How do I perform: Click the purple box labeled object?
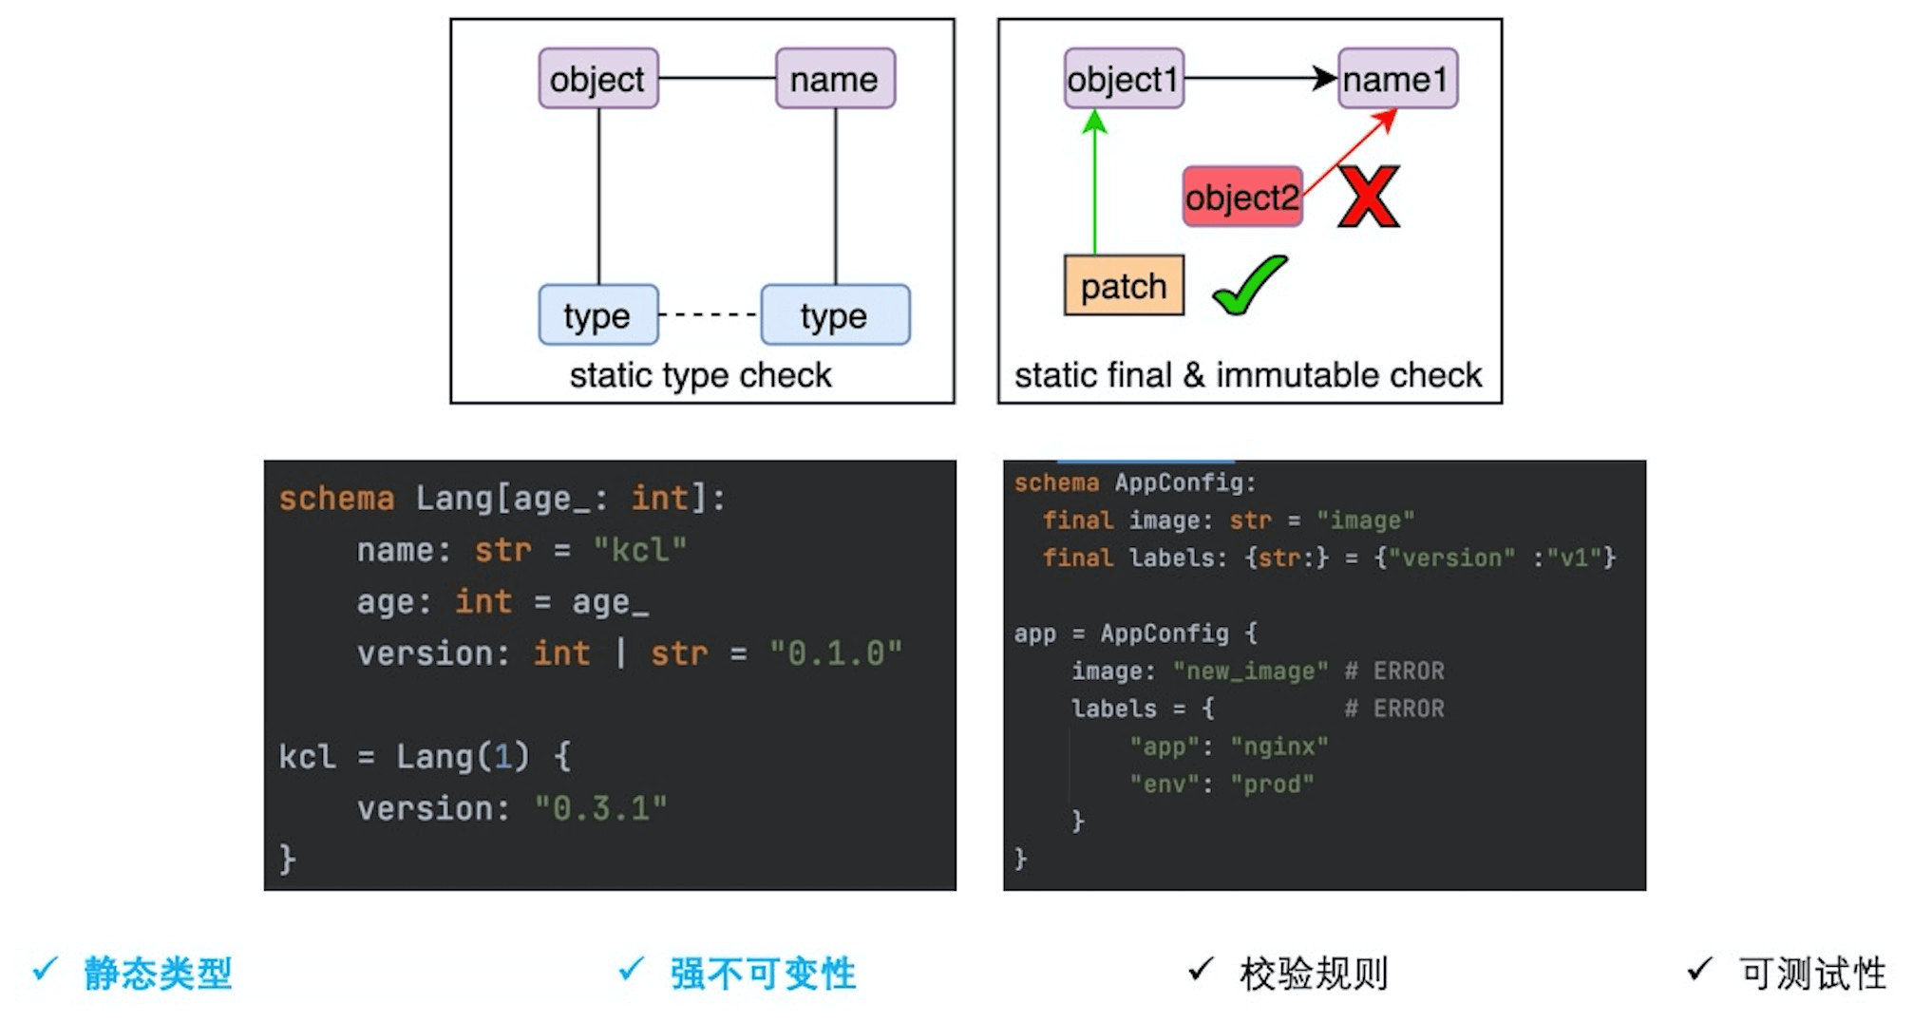tap(597, 79)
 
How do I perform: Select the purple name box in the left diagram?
tap(835, 79)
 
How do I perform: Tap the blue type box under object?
tap(597, 315)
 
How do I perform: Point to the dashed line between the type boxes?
tap(709, 314)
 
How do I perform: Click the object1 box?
tap(1123, 79)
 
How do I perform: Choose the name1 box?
tap(1397, 79)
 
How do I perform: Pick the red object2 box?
tap(1241, 198)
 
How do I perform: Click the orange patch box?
tap(1124, 286)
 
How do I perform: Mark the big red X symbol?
tap(1369, 197)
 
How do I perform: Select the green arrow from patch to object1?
tap(1095, 185)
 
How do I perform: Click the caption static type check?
tap(700, 375)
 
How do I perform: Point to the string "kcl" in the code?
tap(639, 550)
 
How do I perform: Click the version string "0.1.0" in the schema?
tap(835, 653)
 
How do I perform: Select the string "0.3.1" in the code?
tap(600, 808)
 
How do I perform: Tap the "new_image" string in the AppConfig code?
tap(1250, 672)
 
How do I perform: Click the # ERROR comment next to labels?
tap(1394, 709)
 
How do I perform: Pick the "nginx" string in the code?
tap(1278, 747)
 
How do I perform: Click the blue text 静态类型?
tap(158, 974)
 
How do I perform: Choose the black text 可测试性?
tap(1811, 974)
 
